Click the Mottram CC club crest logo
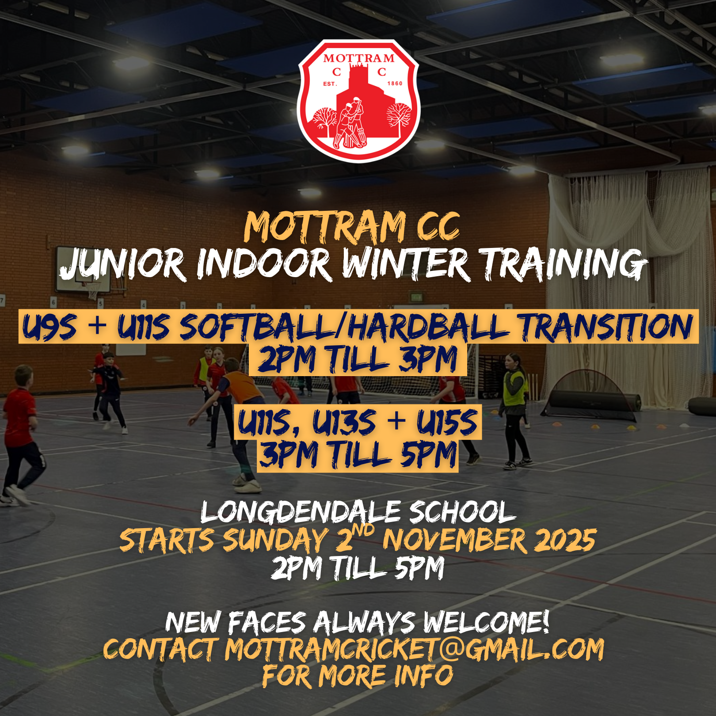pyautogui.click(x=358, y=101)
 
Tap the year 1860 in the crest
pyautogui.click(x=395, y=84)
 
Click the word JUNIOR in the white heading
pyautogui.click(x=122, y=265)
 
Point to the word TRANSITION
pyautogui.click(x=606, y=327)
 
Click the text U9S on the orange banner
pyautogui.click(x=50, y=327)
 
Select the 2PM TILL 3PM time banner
pyautogui.click(x=358, y=360)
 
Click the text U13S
pyautogui.click(x=345, y=423)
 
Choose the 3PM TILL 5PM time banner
pyautogui.click(x=358, y=456)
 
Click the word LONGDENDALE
pyautogui.click(x=301, y=513)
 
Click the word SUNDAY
pyautogui.click(x=275, y=540)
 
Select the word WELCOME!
pyautogui.click(x=486, y=622)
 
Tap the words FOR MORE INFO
pyautogui.click(x=358, y=676)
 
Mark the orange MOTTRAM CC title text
pyautogui.click(x=352, y=227)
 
